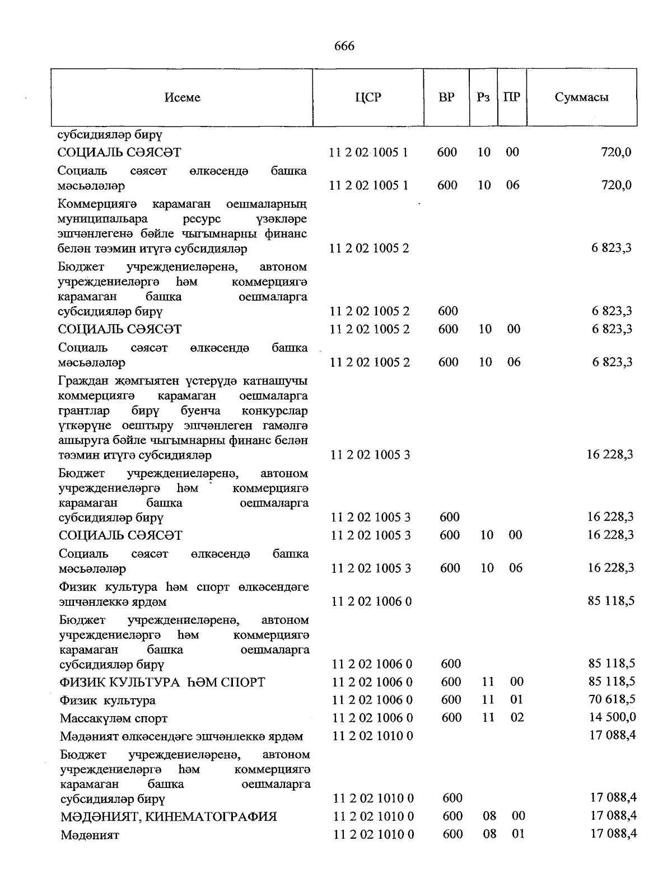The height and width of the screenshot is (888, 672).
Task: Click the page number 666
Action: [x=344, y=46]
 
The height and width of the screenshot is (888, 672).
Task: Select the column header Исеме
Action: [x=182, y=97]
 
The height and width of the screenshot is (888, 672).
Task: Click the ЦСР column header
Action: [x=368, y=97]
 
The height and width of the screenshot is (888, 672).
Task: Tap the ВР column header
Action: [x=446, y=97]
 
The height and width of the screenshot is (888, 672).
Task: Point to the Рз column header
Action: [x=483, y=97]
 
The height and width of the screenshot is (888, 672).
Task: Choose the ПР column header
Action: [x=511, y=97]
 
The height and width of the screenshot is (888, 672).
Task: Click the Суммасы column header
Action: [x=581, y=97]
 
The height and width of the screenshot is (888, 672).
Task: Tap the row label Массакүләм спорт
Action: [x=114, y=718]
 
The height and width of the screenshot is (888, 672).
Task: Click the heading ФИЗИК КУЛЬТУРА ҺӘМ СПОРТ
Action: [x=162, y=683]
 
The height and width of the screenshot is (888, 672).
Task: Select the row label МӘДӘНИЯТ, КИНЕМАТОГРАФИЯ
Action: [x=168, y=817]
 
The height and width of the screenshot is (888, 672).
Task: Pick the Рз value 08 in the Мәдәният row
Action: [x=489, y=834]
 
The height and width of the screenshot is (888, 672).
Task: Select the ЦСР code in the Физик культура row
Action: [x=372, y=700]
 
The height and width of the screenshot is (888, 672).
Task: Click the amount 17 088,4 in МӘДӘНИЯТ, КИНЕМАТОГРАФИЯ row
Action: [x=613, y=816]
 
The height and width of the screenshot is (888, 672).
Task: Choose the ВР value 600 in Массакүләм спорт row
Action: [x=451, y=717]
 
